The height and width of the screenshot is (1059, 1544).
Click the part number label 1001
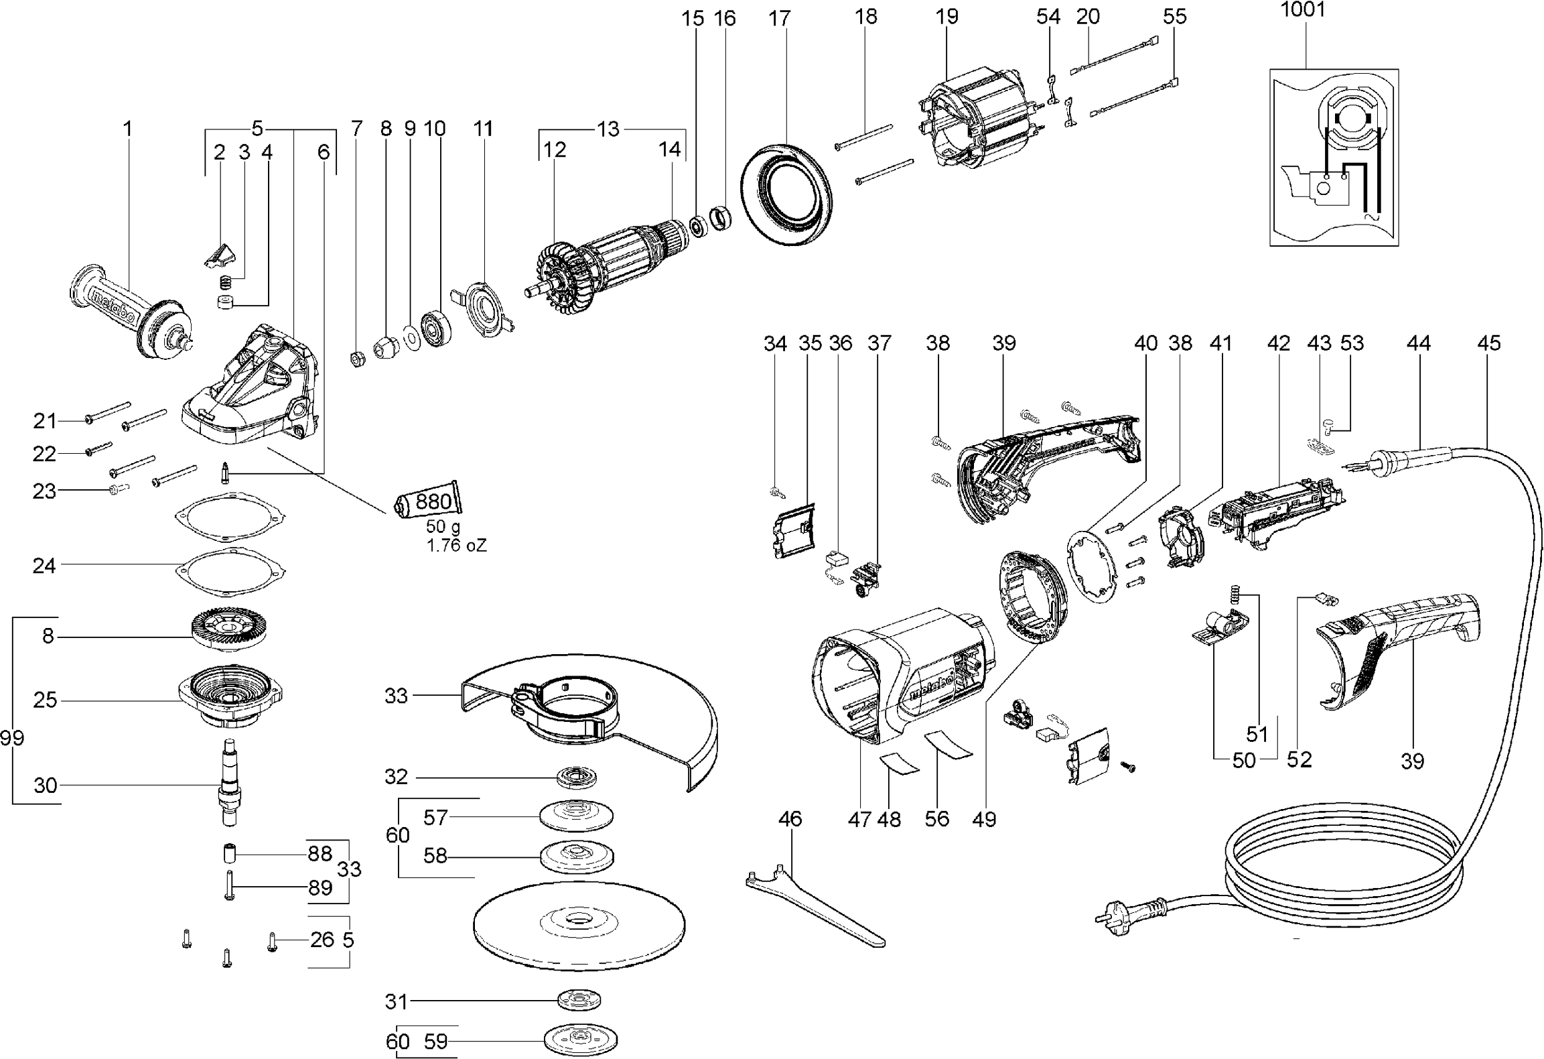tap(1302, 10)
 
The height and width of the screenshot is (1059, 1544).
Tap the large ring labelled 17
tap(787, 197)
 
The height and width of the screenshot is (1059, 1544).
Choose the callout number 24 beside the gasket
tap(44, 566)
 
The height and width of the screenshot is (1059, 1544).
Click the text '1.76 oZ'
tap(457, 546)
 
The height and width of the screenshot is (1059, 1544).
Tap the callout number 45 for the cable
tap(1489, 343)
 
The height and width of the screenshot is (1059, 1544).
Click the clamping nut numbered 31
tap(579, 1001)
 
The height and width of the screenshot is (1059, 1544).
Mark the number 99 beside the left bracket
tap(12, 738)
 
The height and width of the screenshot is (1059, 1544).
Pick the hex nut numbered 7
tap(358, 359)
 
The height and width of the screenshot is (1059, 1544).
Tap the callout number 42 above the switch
tap(1278, 343)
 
